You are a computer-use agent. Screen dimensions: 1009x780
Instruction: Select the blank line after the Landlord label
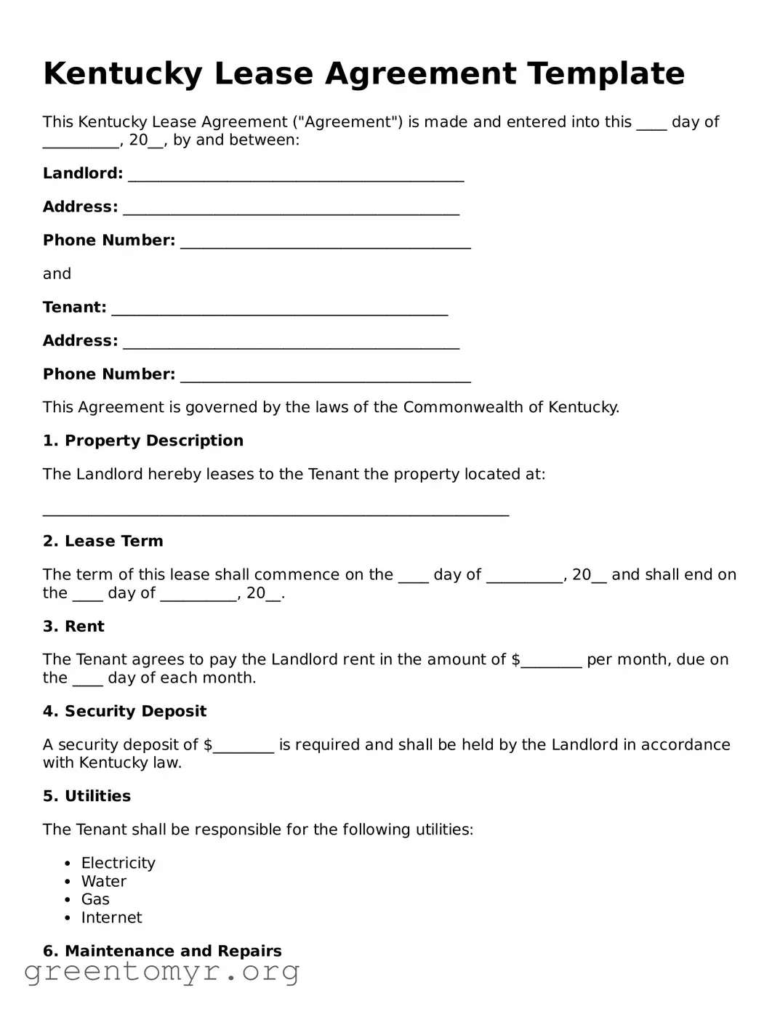point(295,174)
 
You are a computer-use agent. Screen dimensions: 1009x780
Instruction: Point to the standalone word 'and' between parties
point(57,274)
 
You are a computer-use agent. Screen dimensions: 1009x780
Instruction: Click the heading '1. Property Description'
point(142,441)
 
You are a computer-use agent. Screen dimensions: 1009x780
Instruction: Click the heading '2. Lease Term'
point(102,542)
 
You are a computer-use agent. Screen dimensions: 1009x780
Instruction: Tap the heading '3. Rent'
point(73,627)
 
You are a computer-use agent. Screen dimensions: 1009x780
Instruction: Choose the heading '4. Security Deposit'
point(124,712)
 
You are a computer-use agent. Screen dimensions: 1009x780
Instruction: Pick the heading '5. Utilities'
point(87,797)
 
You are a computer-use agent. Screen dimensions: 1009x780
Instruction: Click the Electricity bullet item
point(118,864)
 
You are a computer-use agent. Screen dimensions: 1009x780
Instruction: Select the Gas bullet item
point(95,900)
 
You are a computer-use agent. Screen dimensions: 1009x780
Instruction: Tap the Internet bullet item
point(111,918)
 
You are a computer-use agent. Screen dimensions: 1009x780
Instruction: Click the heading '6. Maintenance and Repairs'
point(162,952)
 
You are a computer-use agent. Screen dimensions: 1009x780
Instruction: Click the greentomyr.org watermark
point(161,971)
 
